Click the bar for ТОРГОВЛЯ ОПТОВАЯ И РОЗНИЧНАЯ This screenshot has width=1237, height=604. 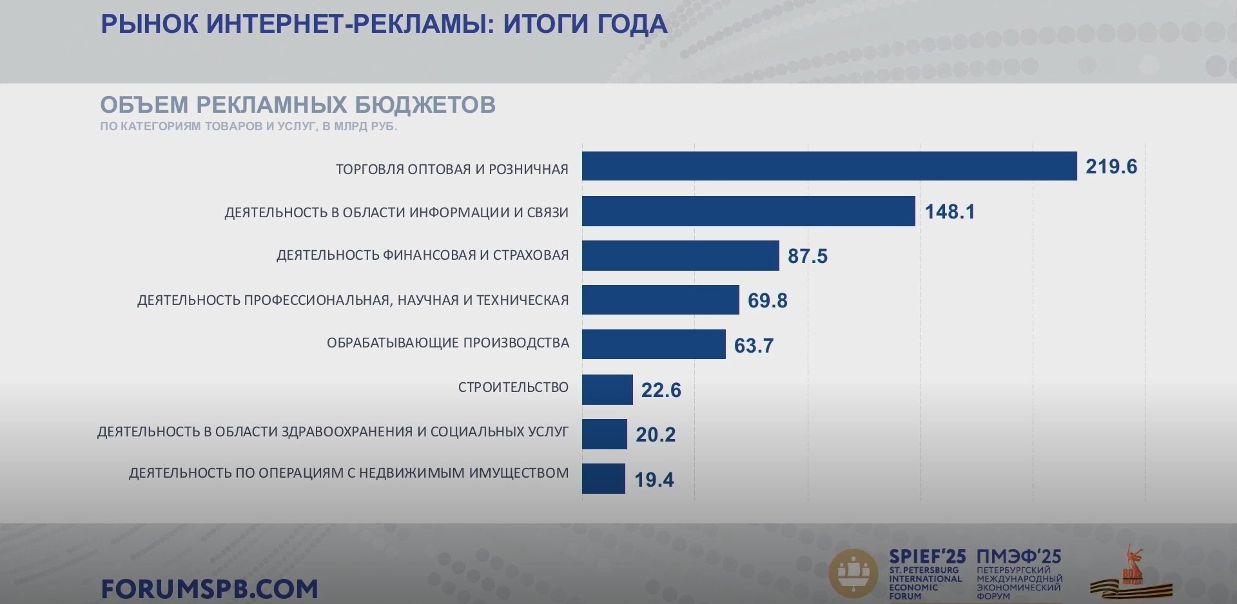[x=829, y=166]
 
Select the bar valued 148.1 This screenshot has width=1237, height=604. [x=748, y=211]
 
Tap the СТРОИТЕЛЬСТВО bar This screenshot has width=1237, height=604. [x=607, y=389]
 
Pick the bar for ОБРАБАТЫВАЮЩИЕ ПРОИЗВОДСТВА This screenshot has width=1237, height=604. [x=654, y=344]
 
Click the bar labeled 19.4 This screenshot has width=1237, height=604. [x=603, y=478]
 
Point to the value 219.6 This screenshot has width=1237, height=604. [x=1111, y=167]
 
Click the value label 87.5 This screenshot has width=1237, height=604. [x=807, y=257]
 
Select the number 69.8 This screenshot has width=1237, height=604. [x=767, y=301]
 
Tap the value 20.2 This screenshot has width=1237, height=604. [x=656, y=434]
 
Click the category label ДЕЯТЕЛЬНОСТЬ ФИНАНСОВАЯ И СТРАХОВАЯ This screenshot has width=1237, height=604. [x=422, y=255]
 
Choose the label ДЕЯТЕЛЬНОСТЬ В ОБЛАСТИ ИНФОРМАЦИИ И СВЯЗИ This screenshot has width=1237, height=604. [x=396, y=213]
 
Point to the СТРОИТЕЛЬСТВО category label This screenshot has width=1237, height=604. [x=513, y=387]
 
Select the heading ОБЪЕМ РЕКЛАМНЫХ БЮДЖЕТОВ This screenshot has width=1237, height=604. [x=298, y=104]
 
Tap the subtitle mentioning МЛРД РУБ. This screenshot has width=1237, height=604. [x=248, y=126]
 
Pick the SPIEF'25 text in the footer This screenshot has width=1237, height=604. [x=927, y=556]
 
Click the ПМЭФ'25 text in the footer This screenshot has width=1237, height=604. [x=1018, y=556]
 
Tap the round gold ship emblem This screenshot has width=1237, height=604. [x=853, y=573]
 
